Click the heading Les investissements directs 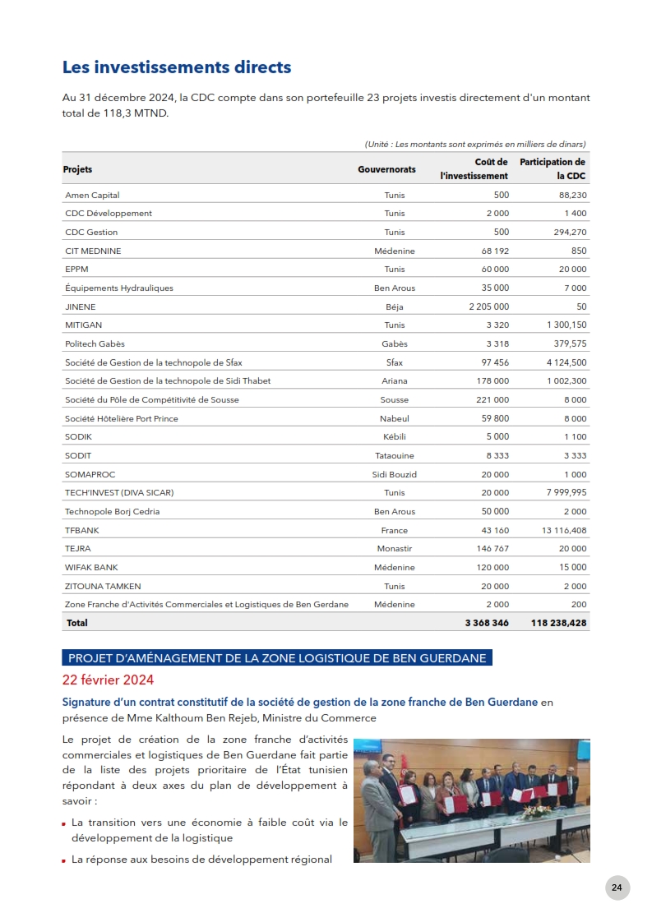pyautogui.click(x=177, y=67)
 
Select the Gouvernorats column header pyautogui.click(x=386, y=169)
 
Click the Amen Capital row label pyautogui.click(x=92, y=195)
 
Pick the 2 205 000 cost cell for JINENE pyautogui.click(x=488, y=306)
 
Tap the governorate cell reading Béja pyautogui.click(x=395, y=306)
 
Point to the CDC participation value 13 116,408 pyautogui.click(x=564, y=530)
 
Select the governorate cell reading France pyautogui.click(x=395, y=530)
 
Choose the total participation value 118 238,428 pyautogui.click(x=559, y=623)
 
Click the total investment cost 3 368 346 pyautogui.click(x=487, y=623)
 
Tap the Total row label pyautogui.click(x=76, y=623)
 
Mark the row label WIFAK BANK pyautogui.click(x=91, y=567)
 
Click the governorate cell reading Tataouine pyautogui.click(x=395, y=455)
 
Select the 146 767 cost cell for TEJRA pyautogui.click(x=492, y=548)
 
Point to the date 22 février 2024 pyautogui.click(x=108, y=680)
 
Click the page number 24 pyautogui.click(x=617, y=887)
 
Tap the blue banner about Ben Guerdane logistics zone pyautogui.click(x=276, y=658)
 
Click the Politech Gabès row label pyautogui.click(x=95, y=343)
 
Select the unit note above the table pyautogui.click(x=474, y=145)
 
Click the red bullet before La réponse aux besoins pyautogui.click(x=64, y=860)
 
